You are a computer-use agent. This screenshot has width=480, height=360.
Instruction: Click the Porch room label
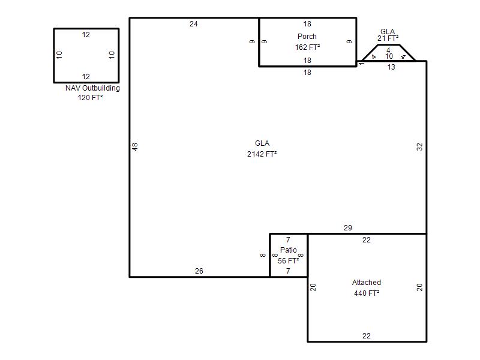pyautogui.click(x=307, y=37)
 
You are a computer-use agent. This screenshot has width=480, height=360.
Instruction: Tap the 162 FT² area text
pyautogui.click(x=307, y=47)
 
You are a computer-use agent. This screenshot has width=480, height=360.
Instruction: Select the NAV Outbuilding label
pyautogui.click(x=92, y=88)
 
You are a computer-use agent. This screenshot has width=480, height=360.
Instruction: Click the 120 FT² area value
pyautogui.click(x=90, y=98)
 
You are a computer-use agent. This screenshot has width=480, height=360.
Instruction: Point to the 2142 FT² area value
pyautogui.click(x=262, y=154)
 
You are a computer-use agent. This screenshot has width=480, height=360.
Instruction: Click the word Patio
pyautogui.click(x=289, y=250)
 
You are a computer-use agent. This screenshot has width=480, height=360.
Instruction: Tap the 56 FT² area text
pyautogui.click(x=289, y=261)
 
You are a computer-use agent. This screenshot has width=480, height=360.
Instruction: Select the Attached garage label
pyautogui.click(x=367, y=283)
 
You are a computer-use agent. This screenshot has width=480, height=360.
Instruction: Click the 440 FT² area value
pyautogui.click(x=367, y=293)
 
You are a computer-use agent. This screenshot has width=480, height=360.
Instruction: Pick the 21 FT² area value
pyautogui.click(x=388, y=38)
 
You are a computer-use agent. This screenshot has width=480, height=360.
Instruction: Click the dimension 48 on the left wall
pyautogui.click(x=135, y=147)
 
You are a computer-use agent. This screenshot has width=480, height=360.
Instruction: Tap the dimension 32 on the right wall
pyautogui.click(x=419, y=147)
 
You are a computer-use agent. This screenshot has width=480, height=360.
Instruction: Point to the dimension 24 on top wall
pyautogui.click(x=193, y=24)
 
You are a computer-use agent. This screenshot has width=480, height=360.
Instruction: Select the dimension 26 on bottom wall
pyautogui.click(x=199, y=271)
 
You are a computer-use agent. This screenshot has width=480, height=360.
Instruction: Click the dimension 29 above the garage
pyautogui.click(x=348, y=228)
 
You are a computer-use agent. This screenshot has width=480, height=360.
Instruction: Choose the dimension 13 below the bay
pyautogui.click(x=391, y=67)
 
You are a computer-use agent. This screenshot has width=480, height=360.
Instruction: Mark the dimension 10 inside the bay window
pyautogui.click(x=389, y=56)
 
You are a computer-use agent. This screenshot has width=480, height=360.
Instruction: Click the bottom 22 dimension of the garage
pyautogui.click(x=367, y=336)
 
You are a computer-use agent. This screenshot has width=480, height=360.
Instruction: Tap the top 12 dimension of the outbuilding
pyautogui.click(x=86, y=35)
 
